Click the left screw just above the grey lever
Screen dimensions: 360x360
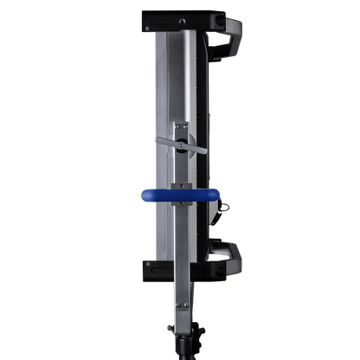coord(175,126)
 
